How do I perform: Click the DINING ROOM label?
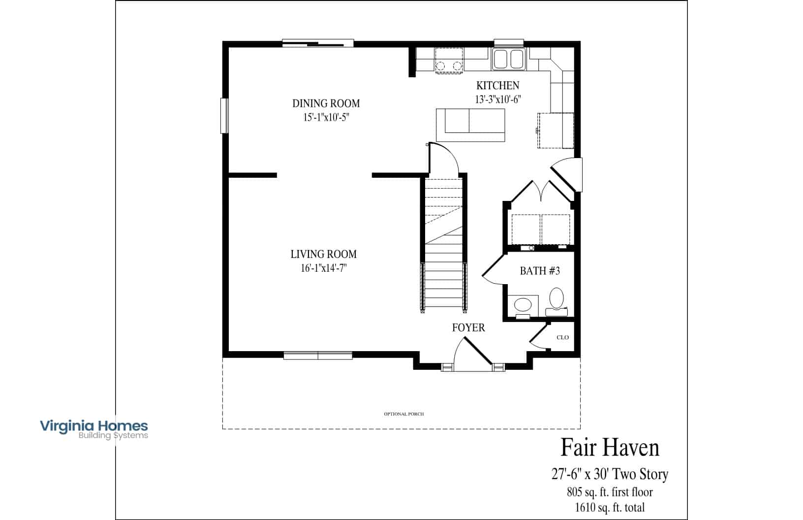(326, 103)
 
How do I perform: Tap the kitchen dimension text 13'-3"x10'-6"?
(498, 99)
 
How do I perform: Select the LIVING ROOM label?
(324, 254)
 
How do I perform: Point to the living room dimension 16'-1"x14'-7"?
(324, 268)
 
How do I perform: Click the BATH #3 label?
(540, 271)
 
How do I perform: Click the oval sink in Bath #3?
(523, 305)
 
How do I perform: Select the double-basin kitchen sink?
(509, 59)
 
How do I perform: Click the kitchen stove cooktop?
(449, 60)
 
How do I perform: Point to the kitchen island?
(471, 125)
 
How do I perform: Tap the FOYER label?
(468, 327)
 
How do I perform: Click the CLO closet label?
(562, 337)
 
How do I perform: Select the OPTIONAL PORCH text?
(403, 414)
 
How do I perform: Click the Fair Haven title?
(610, 447)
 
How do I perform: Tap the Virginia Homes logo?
(94, 429)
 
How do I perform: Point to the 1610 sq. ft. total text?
(610, 507)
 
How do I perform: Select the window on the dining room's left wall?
(224, 116)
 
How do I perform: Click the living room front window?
(318, 356)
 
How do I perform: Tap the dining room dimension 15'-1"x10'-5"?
(326, 117)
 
